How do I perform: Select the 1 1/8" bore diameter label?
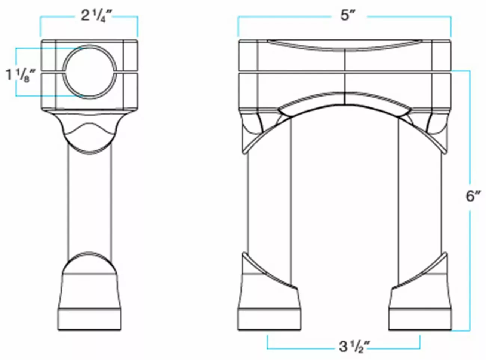(20, 75)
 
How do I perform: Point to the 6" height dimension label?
(473, 196)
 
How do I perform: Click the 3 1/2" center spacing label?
(354, 347)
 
